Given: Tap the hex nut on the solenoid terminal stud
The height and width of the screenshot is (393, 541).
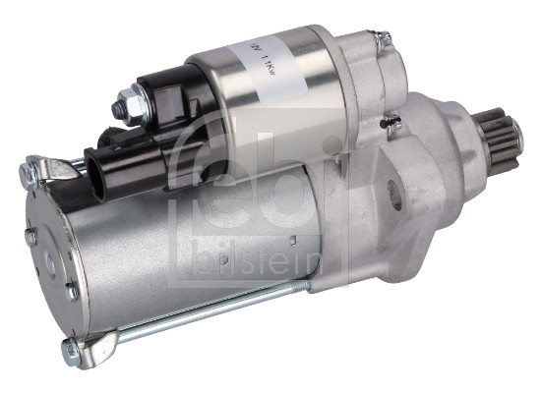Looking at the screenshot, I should coord(127,99).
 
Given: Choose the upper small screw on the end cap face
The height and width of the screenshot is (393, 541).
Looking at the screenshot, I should coord(31,237).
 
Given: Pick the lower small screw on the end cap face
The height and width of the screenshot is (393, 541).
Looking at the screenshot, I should coord(71,291).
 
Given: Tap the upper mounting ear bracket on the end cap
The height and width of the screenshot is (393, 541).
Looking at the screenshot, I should coord(49,169).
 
